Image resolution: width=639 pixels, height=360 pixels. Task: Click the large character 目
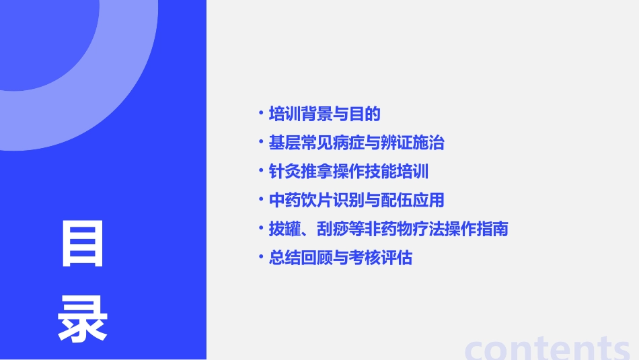(x=82, y=244)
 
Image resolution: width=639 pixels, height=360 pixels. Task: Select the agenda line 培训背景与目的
(x=324, y=114)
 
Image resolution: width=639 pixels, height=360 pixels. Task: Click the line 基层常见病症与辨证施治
(x=356, y=143)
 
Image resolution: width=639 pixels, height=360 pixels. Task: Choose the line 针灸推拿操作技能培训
(x=348, y=172)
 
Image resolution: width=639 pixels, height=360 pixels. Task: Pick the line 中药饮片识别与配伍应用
(x=356, y=201)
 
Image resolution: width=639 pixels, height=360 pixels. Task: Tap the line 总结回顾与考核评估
(x=340, y=258)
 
